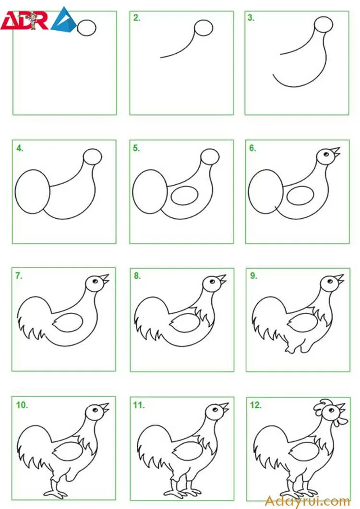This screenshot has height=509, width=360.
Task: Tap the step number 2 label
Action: click(x=137, y=18)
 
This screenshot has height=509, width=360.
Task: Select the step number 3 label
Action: click(x=251, y=18)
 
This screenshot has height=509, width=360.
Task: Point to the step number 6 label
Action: click(x=252, y=148)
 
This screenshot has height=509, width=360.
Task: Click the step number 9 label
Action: click(x=253, y=275)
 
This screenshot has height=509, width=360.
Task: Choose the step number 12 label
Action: click(x=256, y=405)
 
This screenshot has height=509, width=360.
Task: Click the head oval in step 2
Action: click(x=204, y=28)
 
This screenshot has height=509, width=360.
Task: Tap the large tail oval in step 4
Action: click(x=33, y=191)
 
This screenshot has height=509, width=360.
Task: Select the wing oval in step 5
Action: click(x=184, y=196)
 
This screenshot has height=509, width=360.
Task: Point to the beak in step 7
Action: click(x=105, y=279)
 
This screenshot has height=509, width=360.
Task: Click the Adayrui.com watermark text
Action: click(x=307, y=501)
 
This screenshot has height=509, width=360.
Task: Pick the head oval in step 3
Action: click(x=324, y=24)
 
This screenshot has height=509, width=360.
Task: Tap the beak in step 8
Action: click(x=222, y=280)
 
